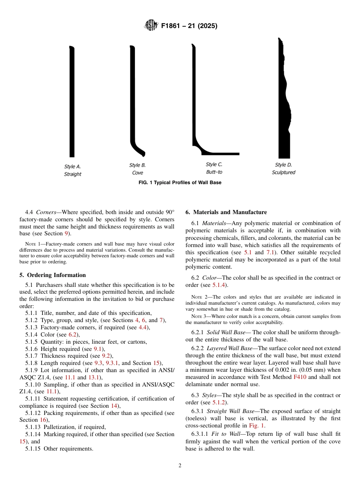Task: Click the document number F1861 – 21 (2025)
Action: pyautogui.click(x=189, y=26)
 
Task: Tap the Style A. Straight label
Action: pyautogui.click(x=72, y=170)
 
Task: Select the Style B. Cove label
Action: pyautogui.click(x=137, y=169)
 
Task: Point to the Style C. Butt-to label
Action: pyautogui.click(x=214, y=168)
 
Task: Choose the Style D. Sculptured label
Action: pyautogui.click(x=283, y=169)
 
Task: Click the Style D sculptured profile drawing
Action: pyautogui.click(x=283, y=99)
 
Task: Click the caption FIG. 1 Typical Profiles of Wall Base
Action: pyautogui.click(x=180, y=183)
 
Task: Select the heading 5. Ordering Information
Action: pyautogui.click(x=53, y=275)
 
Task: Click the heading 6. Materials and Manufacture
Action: pyautogui.click(x=226, y=212)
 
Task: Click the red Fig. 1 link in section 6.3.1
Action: pyautogui.click(x=260, y=426)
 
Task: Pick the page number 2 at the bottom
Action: pyautogui.click(x=180, y=466)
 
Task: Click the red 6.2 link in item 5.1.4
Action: pyautogui.click(x=72, y=335)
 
